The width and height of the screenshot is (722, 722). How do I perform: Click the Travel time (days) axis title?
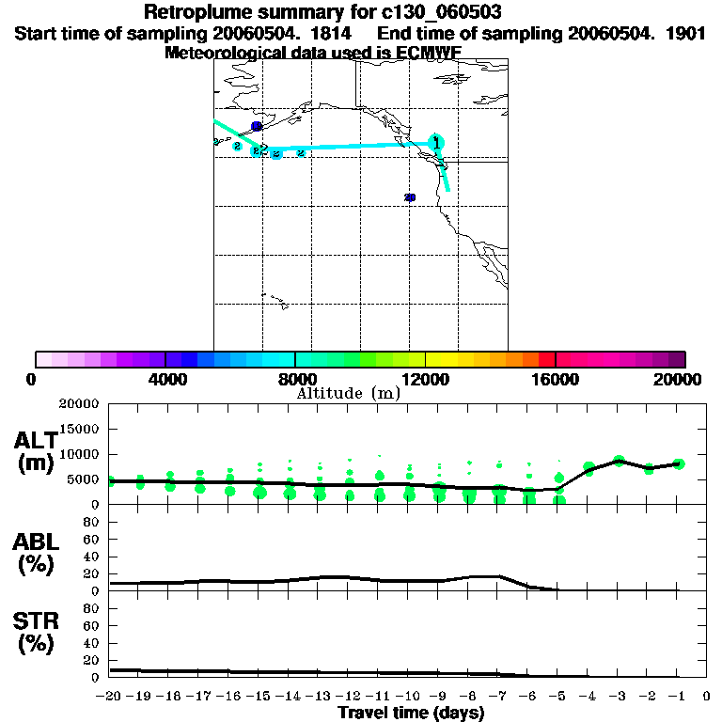coord(411,713)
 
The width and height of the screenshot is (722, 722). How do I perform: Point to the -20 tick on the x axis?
coord(110,697)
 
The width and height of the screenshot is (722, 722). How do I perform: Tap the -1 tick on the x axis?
coord(677,697)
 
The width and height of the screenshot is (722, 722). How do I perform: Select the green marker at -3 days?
coord(619,461)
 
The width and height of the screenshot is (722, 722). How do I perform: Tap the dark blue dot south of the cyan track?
coord(410,197)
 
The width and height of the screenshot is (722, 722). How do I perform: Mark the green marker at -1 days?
coord(678,463)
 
